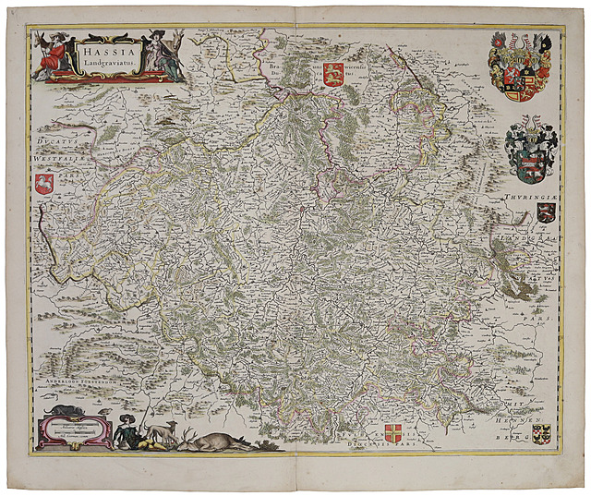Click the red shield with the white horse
42,185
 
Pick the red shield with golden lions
332,75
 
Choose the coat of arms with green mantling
531,148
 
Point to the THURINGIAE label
530,200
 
